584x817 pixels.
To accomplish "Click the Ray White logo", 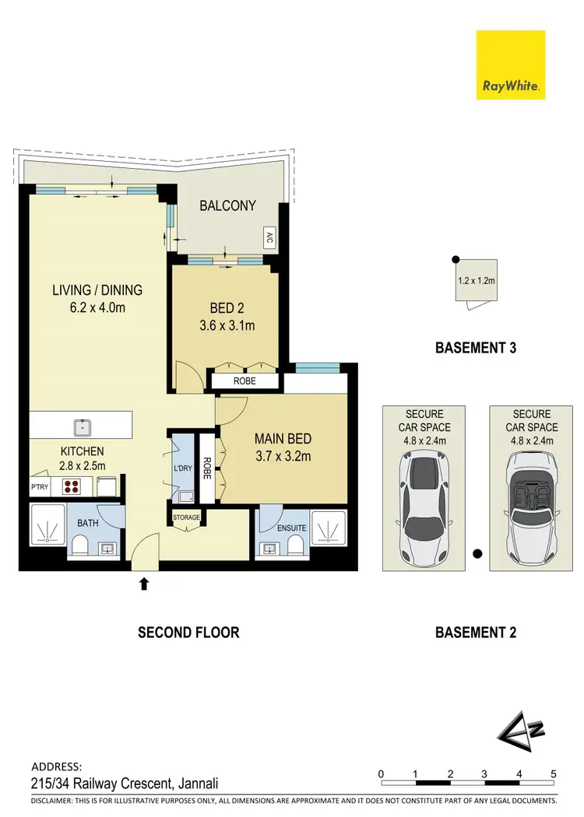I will [x=511, y=65].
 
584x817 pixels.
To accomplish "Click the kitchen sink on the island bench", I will [x=81, y=426].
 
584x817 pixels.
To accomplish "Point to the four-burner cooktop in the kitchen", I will [x=73, y=487].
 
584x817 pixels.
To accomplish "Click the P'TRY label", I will [x=40, y=486].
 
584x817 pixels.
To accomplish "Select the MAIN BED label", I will [x=283, y=439].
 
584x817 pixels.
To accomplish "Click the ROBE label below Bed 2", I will [x=245, y=381].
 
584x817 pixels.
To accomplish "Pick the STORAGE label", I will [x=187, y=517].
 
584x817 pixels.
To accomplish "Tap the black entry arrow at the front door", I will [x=143, y=583].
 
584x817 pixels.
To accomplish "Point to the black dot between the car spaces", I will [x=477, y=554].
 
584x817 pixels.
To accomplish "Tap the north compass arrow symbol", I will [x=515, y=731].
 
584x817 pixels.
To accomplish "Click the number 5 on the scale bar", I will [x=553, y=773].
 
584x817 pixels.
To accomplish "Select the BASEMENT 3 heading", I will [x=475, y=348].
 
